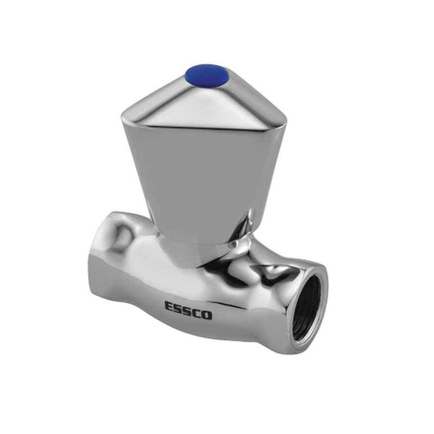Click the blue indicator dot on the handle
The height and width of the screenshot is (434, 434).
[x=207, y=74]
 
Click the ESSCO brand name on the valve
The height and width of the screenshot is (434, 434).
[x=188, y=310]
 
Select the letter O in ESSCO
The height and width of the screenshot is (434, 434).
[x=207, y=315]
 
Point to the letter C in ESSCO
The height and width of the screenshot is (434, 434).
[x=197, y=313]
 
